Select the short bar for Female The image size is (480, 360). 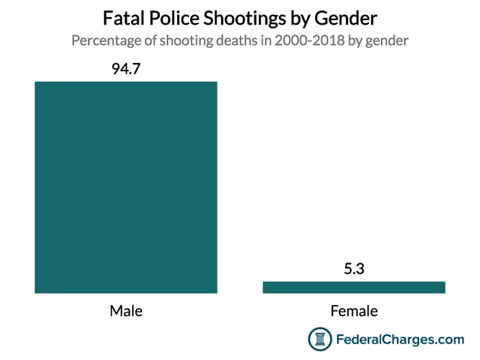pyautogui.click(x=354, y=286)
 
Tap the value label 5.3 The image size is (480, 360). pyautogui.click(x=354, y=269)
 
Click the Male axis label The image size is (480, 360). pyautogui.click(x=126, y=310)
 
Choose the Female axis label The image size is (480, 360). pyautogui.click(x=354, y=310)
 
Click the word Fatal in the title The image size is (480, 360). pyautogui.click(x=127, y=17)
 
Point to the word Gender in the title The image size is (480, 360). pyautogui.click(x=350, y=17)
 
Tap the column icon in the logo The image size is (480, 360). pyautogui.click(x=320, y=340)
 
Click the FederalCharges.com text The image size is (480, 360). pyautogui.click(x=398, y=340)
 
